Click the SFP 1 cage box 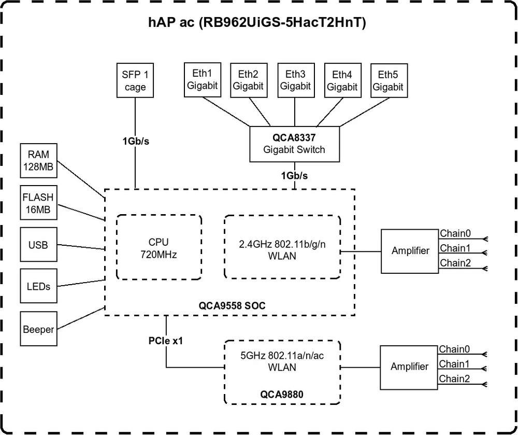[x=135, y=80]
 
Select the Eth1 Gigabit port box [x=203, y=80]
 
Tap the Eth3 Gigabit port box [x=295, y=80]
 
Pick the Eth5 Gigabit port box [x=388, y=80]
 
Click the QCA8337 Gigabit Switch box [x=295, y=143]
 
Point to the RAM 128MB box [x=38, y=161]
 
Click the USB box [x=38, y=244]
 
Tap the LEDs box [x=38, y=286]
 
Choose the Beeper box [x=38, y=329]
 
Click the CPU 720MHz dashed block [x=159, y=248]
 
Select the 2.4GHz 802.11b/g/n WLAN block [x=282, y=248]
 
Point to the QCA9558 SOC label [x=232, y=305]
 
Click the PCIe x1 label [x=166, y=342]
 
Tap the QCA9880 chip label [x=282, y=394]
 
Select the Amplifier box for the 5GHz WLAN [x=409, y=367]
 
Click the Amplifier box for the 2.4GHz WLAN [x=410, y=251]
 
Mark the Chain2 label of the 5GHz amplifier [x=454, y=379]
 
